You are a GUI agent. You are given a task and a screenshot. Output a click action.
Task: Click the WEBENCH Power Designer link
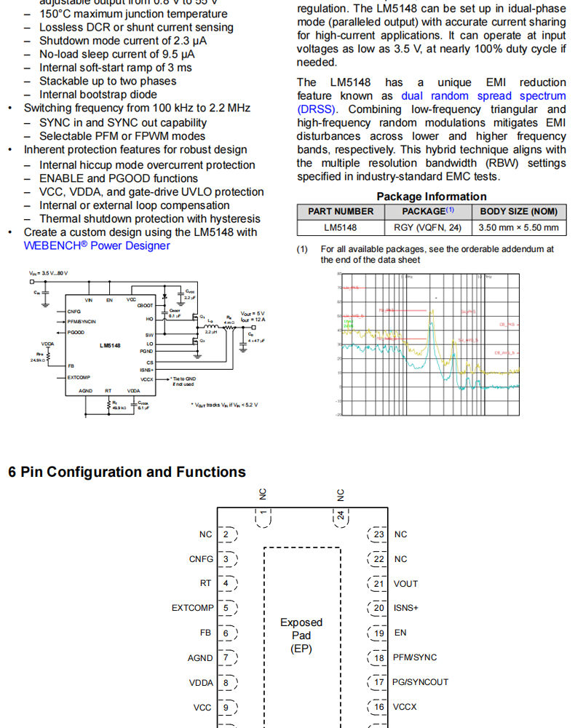pos(97,245)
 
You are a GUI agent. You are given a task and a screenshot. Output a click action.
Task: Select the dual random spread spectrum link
pos(483,95)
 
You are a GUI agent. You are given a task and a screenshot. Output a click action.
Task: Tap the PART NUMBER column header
pos(341,211)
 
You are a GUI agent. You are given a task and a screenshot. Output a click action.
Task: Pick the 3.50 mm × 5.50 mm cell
pos(518,228)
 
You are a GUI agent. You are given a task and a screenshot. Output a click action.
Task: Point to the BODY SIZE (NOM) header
pos(518,211)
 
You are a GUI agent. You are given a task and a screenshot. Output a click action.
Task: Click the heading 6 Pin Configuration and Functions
pos(127,472)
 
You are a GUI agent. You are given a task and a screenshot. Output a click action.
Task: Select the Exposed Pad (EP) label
pos(301,635)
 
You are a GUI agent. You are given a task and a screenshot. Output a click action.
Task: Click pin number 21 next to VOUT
pos(378,584)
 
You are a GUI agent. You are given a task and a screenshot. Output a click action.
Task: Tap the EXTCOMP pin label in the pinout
pos(193,608)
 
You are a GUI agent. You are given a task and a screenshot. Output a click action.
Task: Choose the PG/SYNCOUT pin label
pos(421,682)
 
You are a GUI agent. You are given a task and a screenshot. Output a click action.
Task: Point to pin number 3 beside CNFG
pos(226,559)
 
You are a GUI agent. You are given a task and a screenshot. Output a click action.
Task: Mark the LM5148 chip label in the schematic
pos(111,345)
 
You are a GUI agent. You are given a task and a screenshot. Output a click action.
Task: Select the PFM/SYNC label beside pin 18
pos(415,657)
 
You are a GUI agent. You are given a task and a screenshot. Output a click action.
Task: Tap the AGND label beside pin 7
pos(200,657)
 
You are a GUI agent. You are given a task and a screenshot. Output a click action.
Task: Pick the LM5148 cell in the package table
pos(341,228)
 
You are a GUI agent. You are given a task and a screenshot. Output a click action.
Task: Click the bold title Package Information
pos(432,196)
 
